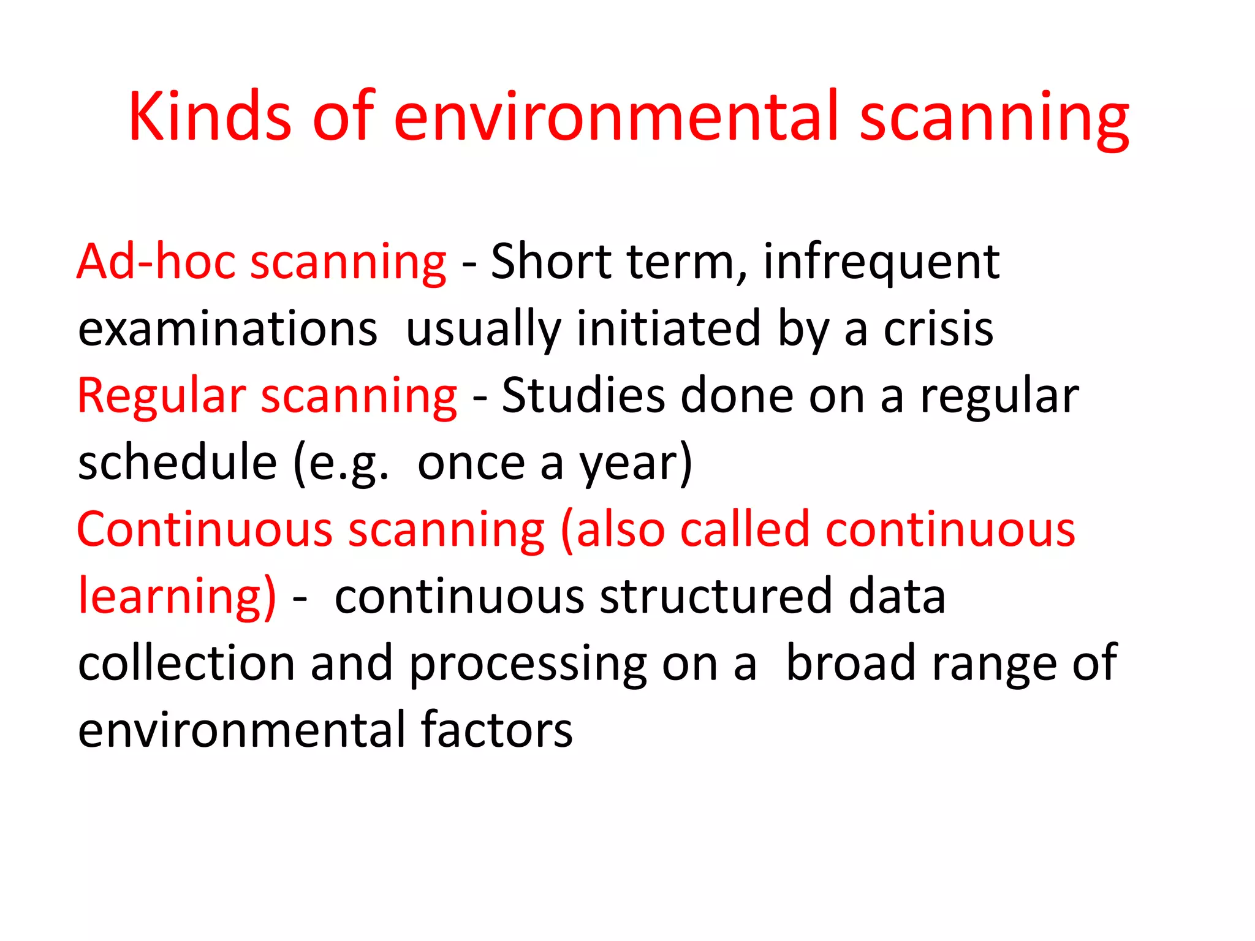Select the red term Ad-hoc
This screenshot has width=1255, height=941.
(x=156, y=262)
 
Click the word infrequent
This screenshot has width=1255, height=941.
(x=881, y=262)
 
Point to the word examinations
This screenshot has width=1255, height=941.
(x=227, y=329)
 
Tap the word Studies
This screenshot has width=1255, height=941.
(x=583, y=396)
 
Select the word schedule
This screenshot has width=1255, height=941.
(x=178, y=463)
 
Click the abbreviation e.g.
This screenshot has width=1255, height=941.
(x=346, y=464)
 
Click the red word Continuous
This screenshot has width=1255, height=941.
(x=205, y=529)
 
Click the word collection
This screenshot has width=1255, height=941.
(x=186, y=663)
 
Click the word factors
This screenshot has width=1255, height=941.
(x=497, y=730)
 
